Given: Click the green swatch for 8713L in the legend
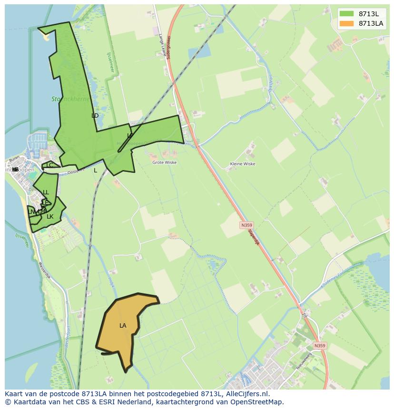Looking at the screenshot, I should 346,13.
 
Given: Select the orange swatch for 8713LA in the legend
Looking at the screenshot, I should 346,23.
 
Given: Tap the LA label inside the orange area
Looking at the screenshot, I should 123,326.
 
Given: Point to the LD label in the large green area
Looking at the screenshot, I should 95,116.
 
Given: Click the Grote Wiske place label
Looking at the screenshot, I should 164,162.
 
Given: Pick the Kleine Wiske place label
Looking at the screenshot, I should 242,163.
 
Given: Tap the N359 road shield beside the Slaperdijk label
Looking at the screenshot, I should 246,225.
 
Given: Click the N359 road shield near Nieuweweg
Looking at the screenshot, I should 320,346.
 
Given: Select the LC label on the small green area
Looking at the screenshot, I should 49,165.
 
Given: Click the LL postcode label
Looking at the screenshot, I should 46,192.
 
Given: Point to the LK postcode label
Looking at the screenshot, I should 50,217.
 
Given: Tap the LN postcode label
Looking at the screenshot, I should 32,211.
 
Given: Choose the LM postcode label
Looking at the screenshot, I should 41,211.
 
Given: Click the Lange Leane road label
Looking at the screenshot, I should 163,45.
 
